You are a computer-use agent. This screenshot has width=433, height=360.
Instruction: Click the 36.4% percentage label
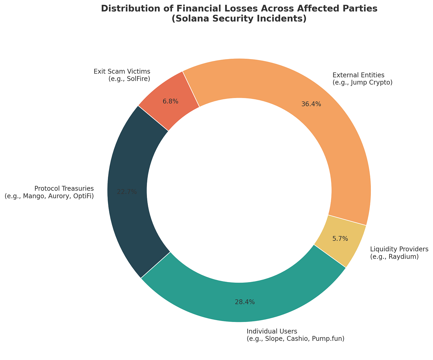coord(311,104)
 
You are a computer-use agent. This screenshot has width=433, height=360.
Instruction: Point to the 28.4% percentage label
coord(245,302)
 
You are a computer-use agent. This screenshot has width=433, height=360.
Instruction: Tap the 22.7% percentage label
coord(127,192)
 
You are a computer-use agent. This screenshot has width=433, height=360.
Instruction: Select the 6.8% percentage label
coord(170,101)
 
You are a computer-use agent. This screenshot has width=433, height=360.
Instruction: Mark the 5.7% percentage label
coord(340,238)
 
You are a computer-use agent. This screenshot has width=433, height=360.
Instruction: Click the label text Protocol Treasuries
coord(64,188)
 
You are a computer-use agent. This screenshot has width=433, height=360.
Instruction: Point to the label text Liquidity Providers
coord(399,249)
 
